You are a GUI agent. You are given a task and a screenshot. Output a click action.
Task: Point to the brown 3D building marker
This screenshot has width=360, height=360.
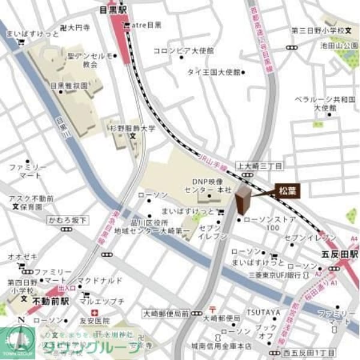[243, 200]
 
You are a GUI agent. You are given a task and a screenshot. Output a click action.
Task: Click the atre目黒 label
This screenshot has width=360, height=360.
[146, 25]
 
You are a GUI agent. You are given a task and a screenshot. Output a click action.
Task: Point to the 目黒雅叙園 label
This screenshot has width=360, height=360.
[68, 86]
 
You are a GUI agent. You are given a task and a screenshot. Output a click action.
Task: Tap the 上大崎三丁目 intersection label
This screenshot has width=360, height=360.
[259, 165]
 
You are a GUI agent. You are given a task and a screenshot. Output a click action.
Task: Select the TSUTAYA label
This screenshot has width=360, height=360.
[263, 312]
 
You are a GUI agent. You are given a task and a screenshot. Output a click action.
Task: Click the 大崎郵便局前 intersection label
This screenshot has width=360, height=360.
[166, 313]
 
